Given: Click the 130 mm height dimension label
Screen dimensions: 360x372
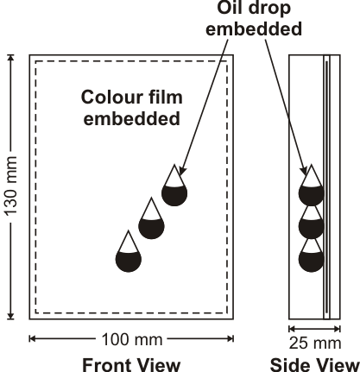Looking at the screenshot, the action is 10,186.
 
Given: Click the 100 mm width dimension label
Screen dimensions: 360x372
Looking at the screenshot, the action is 132,339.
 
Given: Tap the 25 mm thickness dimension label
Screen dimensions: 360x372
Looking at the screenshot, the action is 315,343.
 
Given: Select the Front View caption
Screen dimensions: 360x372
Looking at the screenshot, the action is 131,364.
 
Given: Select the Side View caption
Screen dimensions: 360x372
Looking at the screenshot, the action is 315,364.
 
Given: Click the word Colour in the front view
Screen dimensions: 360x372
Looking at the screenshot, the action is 111,97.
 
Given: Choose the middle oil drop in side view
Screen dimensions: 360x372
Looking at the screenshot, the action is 311,223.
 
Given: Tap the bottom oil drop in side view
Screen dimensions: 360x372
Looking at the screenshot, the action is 311,255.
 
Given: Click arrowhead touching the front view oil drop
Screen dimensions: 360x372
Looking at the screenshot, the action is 182,170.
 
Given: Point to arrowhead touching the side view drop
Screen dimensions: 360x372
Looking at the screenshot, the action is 304,170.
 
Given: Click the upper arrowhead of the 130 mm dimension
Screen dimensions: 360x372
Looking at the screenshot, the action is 10,59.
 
